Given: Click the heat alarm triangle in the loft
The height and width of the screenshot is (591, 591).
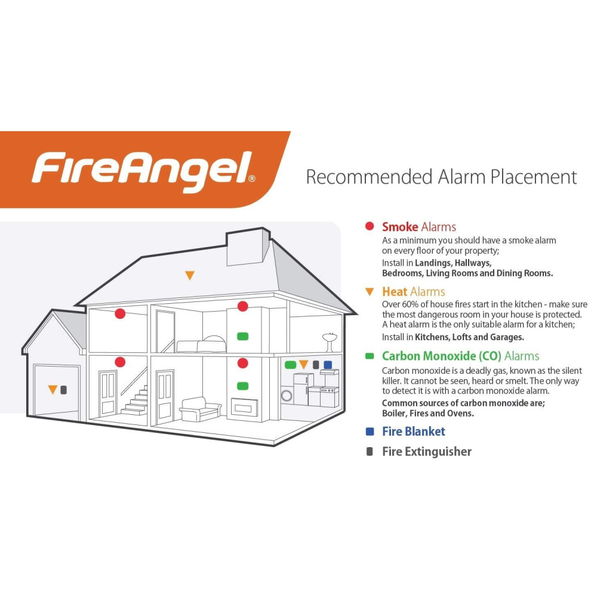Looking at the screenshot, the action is point(190,275).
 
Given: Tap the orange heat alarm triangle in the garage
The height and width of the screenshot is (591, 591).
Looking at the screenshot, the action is point(53,389).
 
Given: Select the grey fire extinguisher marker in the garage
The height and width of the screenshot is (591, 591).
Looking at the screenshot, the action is point(64,389).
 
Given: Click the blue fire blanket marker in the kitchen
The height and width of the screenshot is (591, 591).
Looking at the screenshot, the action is point(328,365).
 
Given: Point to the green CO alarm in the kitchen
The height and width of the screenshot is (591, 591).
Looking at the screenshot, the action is point(290,365).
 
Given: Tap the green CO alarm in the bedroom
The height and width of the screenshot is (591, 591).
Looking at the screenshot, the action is point(243,336).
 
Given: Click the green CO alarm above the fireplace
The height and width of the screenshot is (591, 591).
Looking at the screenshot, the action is point(243,386).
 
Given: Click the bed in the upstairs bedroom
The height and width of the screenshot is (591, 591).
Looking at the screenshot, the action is point(202,344).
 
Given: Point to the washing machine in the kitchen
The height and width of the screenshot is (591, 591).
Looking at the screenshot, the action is point(287,395).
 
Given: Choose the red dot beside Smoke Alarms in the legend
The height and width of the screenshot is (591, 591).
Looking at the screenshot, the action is point(370,226).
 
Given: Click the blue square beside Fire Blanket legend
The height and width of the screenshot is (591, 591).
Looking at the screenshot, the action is point(370,432).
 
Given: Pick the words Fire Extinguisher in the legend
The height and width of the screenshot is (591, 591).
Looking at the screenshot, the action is point(427,451).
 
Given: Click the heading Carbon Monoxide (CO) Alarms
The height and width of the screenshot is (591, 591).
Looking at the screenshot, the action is point(461,356).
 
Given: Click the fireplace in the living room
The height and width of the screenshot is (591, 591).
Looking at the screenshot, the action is point(244,408).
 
